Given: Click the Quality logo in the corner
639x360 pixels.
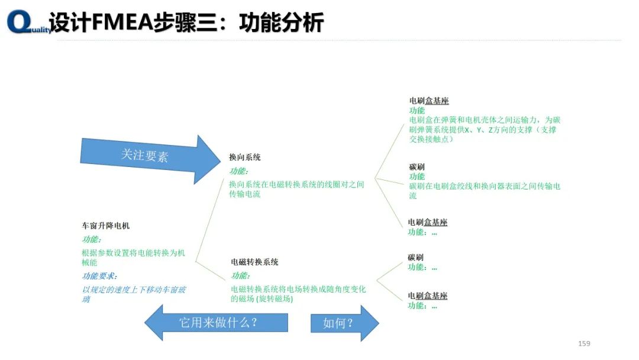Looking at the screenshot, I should tap(27, 22).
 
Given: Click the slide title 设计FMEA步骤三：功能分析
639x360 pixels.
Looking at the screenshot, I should tap(187, 22).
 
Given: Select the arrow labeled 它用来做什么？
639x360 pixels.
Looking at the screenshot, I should tap(216, 323).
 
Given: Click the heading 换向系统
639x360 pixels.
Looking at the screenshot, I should tap(245, 157).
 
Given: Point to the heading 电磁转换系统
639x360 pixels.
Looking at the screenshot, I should tap(254, 262).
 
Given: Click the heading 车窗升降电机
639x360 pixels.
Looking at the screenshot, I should tap(106, 226).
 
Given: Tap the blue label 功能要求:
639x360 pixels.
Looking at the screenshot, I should tap(99, 276).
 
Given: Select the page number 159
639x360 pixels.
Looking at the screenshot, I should tap(584, 343).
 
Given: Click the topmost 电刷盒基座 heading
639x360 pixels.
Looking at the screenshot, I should tap(429, 101).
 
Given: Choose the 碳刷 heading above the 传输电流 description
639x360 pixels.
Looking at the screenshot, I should tap(417, 167).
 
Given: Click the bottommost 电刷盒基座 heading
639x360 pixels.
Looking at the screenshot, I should tap(428, 296).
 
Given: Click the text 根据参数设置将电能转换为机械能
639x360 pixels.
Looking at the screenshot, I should tap(133, 258).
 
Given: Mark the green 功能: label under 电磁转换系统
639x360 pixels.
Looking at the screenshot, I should tap(241, 275).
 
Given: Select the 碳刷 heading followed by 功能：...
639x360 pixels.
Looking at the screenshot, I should tap(416, 258).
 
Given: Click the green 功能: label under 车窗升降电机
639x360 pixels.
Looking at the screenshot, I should tap(92, 239).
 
